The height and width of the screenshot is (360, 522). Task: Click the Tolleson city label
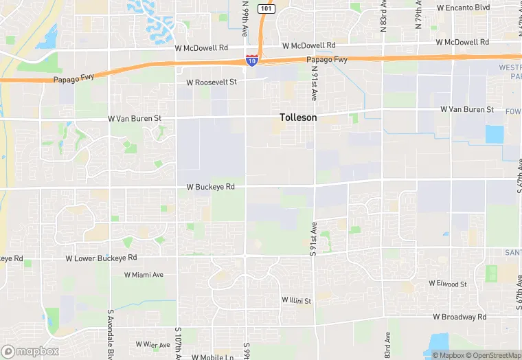point(298,117)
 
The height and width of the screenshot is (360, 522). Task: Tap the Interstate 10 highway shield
point(252,61)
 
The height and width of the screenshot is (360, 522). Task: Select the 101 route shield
point(267,8)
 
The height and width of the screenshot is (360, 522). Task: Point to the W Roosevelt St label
point(212,82)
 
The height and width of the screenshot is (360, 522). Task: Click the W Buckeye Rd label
point(211,187)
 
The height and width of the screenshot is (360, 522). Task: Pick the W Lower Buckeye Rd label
point(101,258)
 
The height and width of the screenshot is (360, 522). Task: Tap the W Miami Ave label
point(144,275)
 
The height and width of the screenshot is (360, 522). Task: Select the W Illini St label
point(296,301)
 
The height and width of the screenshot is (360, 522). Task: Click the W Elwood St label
point(448,284)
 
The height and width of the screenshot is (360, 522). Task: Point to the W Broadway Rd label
point(459,317)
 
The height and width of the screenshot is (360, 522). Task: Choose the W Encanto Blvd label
point(463,8)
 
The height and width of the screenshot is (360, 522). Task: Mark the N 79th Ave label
point(419,10)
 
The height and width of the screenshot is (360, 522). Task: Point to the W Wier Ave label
point(152,344)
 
